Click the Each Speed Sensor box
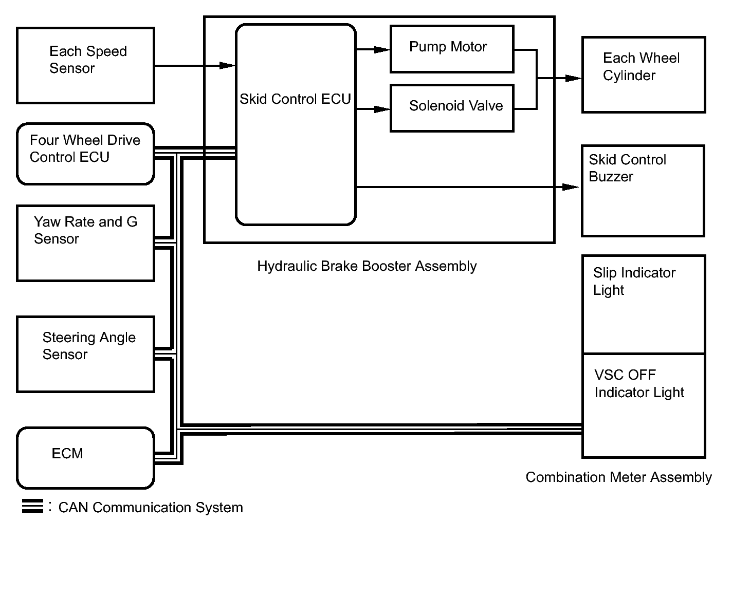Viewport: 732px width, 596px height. click(x=85, y=65)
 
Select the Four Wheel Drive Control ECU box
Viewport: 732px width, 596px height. click(x=85, y=154)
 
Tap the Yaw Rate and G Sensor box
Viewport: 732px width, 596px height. click(x=85, y=243)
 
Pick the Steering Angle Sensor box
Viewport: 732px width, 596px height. click(x=85, y=354)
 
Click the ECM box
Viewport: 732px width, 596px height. click(x=85, y=457)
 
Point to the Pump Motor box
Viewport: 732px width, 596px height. click(x=452, y=49)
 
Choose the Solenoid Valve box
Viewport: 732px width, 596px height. click(x=452, y=108)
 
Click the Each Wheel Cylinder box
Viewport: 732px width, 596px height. click(x=643, y=74)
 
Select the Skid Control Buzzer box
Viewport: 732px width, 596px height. click(x=643, y=191)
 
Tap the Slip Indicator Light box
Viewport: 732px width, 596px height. click(x=643, y=304)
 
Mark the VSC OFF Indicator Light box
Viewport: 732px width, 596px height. click(x=643, y=405)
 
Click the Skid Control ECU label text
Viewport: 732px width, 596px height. click(x=295, y=99)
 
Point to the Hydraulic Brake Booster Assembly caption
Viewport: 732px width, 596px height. click(x=367, y=266)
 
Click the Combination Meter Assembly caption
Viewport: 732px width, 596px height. click(x=618, y=477)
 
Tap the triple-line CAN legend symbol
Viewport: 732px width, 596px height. click(x=32, y=506)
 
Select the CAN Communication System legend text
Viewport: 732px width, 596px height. click(x=151, y=508)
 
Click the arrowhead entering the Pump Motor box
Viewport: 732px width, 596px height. click(x=382, y=50)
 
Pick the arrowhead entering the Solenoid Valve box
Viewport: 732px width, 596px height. click(x=382, y=109)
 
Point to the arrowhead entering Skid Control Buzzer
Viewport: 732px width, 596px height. click(x=571, y=187)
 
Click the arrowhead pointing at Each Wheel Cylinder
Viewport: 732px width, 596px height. click(x=573, y=79)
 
